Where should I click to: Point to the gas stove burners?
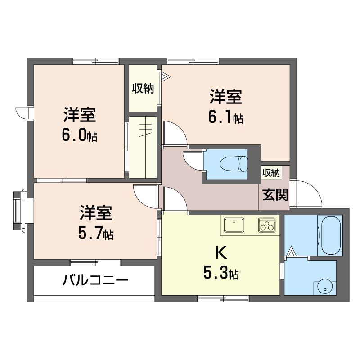[x=267, y=225]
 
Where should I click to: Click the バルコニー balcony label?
[x=95, y=281]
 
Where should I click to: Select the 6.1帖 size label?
[x=225, y=118]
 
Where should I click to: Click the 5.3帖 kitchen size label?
[x=220, y=273]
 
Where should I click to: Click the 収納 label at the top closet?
[x=143, y=88]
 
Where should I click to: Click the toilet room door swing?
[x=193, y=161]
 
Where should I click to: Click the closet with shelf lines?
[x=143, y=147]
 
